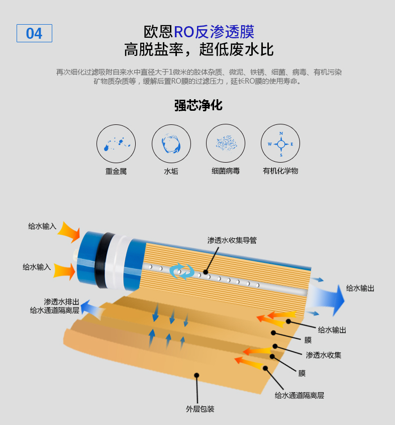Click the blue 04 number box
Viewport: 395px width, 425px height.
click(34, 33)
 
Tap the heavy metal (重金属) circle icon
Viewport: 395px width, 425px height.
click(116, 144)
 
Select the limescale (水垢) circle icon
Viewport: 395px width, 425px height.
click(171, 144)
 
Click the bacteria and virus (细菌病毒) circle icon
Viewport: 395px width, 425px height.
click(226, 144)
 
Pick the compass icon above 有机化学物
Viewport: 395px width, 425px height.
click(280, 144)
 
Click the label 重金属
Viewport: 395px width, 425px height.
click(116, 171)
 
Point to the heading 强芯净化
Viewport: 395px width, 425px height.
click(199, 105)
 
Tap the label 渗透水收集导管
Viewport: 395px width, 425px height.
click(232, 240)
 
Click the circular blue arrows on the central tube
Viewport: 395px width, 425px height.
click(182, 271)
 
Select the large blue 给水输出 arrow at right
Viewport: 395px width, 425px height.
click(326, 300)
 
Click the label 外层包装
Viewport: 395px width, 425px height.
click(200, 409)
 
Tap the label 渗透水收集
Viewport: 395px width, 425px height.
click(324, 355)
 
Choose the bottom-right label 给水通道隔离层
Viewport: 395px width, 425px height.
click(300, 395)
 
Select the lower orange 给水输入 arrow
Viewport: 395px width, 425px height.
click(64, 271)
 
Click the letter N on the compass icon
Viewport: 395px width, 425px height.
click(281, 133)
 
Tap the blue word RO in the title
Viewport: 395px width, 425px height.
click(184, 32)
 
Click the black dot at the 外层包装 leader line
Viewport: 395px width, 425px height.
click(196, 375)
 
